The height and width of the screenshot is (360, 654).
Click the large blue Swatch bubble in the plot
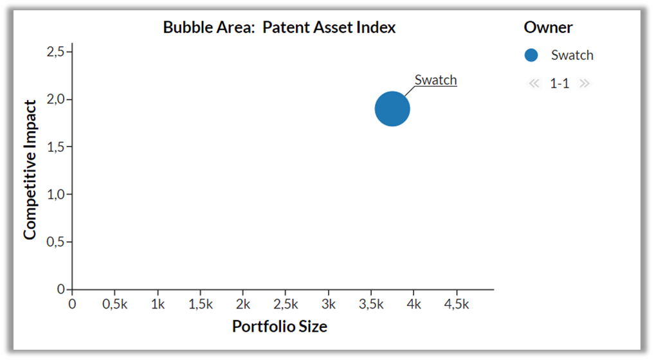[392, 109]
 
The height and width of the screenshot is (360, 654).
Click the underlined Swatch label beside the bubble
[435, 80]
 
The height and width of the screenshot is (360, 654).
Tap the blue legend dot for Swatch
[531, 55]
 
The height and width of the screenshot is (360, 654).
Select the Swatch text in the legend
[572, 55]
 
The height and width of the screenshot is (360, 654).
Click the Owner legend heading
[548, 28]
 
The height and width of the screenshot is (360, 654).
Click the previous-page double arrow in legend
[534, 84]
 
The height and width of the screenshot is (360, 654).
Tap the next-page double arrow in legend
[585, 84]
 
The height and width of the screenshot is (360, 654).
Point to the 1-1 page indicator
[559, 84]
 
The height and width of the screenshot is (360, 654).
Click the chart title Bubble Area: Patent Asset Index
[279, 28]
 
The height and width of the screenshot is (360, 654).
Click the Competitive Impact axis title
[30, 170]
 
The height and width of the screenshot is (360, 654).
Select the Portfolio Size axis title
[280, 326]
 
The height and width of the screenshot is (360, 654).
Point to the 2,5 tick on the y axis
[55, 51]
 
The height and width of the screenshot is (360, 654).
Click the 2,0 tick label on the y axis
[55, 99]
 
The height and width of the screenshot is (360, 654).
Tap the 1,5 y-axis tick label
[55, 147]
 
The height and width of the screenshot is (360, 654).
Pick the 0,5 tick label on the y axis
[55, 242]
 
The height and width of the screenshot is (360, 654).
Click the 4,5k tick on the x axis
[457, 304]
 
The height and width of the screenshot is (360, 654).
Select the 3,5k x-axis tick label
[371, 304]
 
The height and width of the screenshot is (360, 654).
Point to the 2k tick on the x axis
[242, 304]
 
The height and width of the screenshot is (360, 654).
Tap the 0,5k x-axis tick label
[114, 304]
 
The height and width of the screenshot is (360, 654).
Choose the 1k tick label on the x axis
[158, 304]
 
